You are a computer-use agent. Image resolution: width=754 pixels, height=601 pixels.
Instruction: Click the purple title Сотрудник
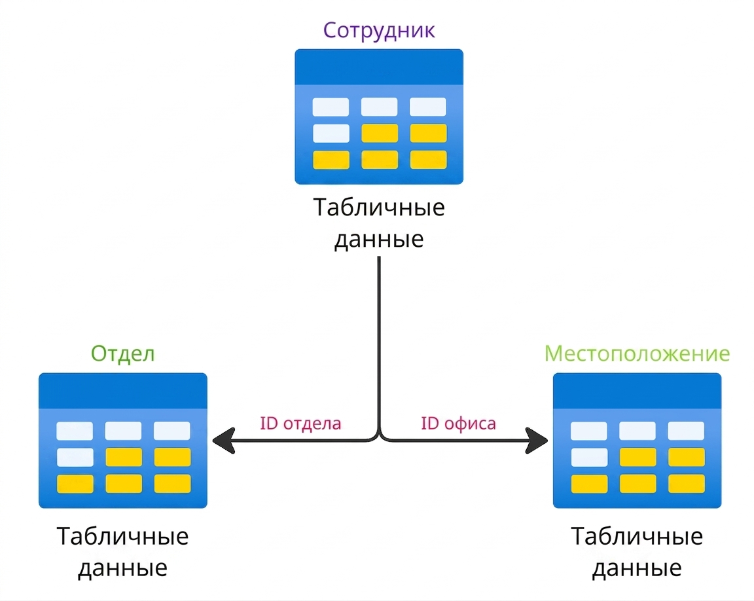click(379, 30)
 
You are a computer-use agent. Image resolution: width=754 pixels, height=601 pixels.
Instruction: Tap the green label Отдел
click(123, 354)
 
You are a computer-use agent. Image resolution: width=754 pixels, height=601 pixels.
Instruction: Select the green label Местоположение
click(637, 354)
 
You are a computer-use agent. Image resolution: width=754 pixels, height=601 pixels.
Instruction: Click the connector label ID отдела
click(300, 424)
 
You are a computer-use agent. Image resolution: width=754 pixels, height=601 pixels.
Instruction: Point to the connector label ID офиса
click(458, 424)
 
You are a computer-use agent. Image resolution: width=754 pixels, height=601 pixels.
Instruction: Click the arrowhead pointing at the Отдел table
click(223, 440)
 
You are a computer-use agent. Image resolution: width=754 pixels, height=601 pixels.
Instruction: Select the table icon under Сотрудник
click(379, 117)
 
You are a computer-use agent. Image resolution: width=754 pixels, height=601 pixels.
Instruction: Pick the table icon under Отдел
click(123, 441)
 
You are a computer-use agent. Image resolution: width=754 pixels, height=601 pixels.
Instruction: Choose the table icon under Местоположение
click(637, 441)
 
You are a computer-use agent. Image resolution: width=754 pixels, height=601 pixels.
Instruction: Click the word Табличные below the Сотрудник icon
click(379, 208)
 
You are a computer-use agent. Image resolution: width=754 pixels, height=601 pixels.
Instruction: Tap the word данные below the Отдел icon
click(122, 569)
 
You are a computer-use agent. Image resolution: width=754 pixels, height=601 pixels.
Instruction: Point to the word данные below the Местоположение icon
click(637, 569)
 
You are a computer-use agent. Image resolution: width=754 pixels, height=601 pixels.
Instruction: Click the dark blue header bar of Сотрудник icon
click(379, 67)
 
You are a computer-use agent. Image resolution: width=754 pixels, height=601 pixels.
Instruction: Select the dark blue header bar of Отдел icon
click(123, 391)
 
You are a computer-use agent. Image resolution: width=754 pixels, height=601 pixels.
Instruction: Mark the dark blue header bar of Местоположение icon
click(637, 391)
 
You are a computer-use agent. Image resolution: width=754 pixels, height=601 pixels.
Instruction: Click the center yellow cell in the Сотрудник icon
click(380, 133)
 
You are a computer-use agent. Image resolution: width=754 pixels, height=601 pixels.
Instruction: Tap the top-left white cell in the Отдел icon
click(75, 431)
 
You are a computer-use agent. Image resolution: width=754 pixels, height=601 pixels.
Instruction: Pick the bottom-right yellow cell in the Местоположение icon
click(687, 484)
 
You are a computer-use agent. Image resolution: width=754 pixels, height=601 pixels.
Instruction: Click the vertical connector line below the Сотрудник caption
click(379, 344)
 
